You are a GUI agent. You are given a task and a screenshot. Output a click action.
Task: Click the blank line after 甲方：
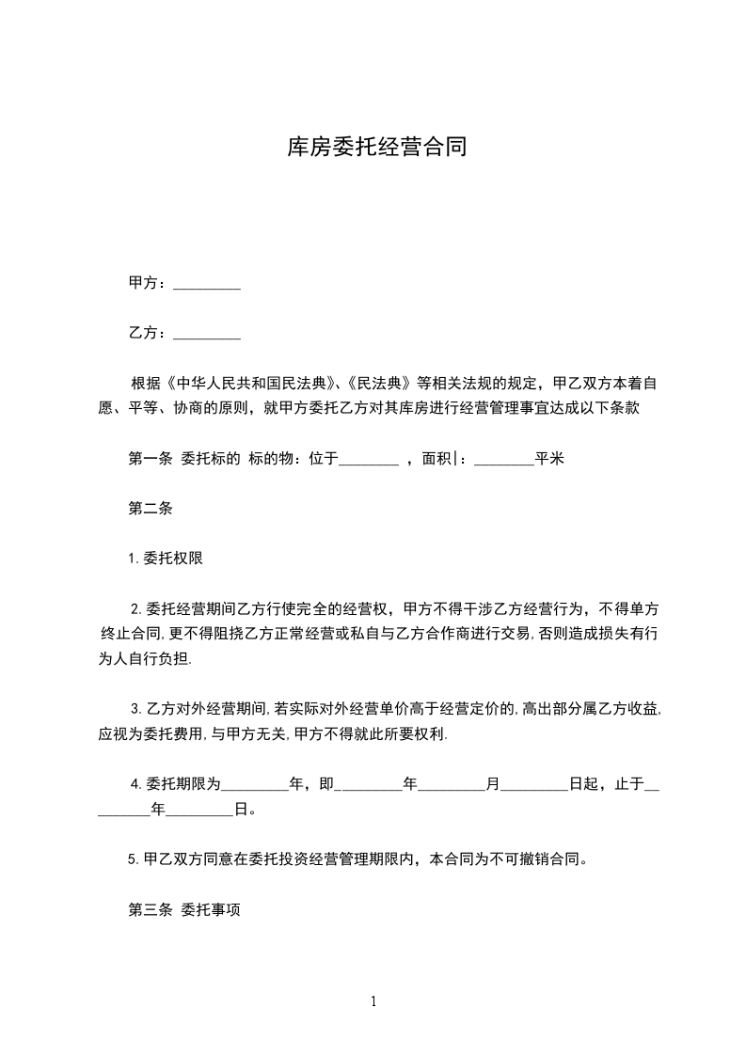pyautogui.click(x=208, y=285)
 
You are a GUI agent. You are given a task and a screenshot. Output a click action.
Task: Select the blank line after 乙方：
pyautogui.click(x=208, y=335)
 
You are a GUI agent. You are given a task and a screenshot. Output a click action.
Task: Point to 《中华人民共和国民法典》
pyautogui.click(x=251, y=384)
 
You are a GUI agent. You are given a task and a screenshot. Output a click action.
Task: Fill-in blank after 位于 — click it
pyautogui.click(x=368, y=461)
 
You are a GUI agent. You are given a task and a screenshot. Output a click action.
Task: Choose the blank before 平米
pyautogui.click(x=504, y=461)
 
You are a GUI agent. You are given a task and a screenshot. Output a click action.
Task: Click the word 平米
pyautogui.click(x=549, y=459)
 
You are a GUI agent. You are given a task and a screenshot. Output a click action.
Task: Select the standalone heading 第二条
pyautogui.click(x=149, y=509)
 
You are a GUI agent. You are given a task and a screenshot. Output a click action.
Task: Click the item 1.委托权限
pyautogui.click(x=166, y=559)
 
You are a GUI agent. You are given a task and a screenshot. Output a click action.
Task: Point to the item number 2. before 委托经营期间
pyautogui.click(x=135, y=608)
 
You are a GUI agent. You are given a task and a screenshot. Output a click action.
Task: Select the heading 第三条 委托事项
pyautogui.click(x=183, y=909)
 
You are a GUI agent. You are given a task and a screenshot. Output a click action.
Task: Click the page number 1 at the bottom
pyautogui.click(x=373, y=1001)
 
